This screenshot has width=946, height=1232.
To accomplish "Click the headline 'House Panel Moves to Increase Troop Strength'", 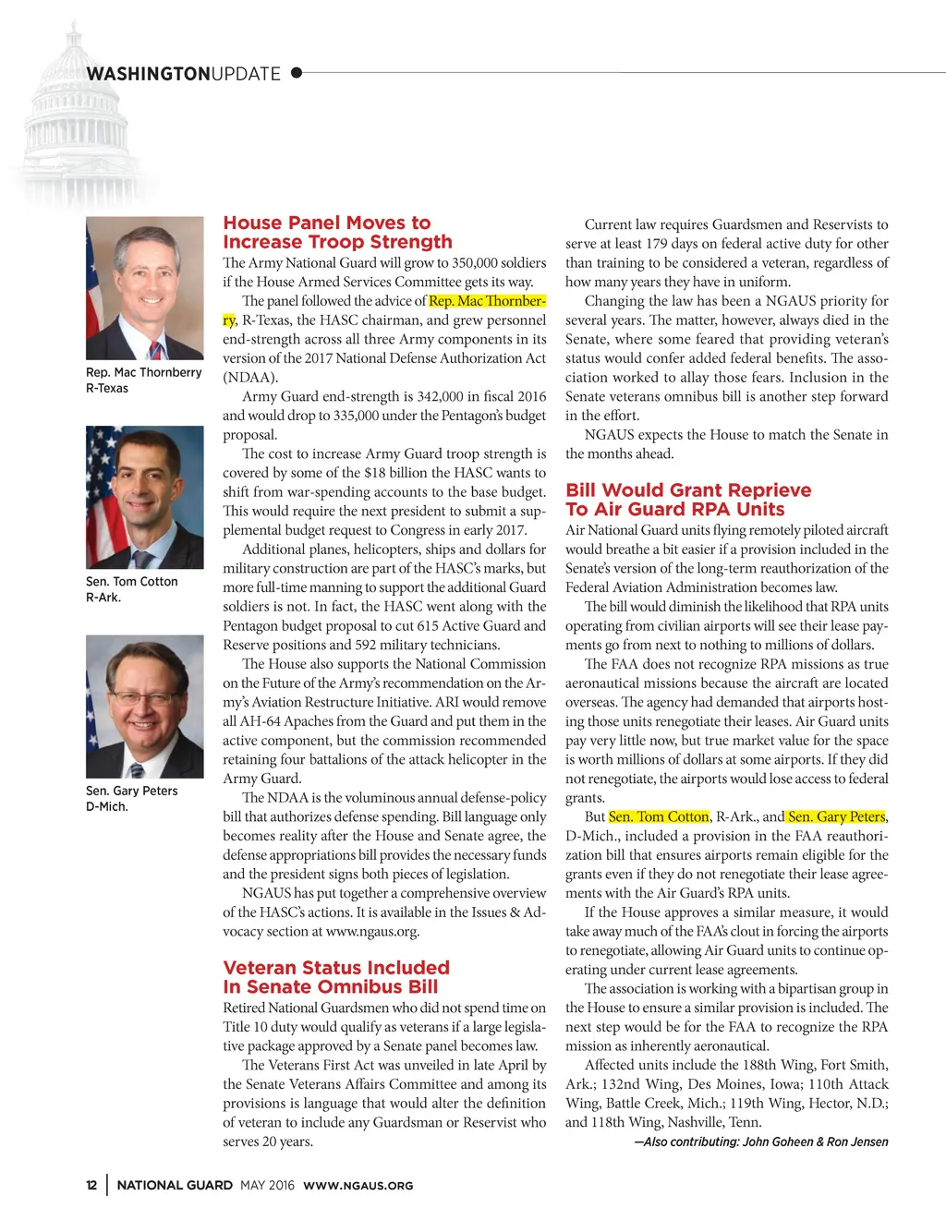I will [337, 233].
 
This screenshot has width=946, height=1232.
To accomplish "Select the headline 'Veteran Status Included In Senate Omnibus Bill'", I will [335, 977].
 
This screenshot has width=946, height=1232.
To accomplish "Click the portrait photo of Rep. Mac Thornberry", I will [144, 288].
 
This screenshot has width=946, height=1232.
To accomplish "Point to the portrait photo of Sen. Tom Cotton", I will [144, 497].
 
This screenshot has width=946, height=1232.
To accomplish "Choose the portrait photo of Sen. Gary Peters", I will [144, 707].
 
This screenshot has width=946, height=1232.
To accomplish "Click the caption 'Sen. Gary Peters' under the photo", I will [131, 791].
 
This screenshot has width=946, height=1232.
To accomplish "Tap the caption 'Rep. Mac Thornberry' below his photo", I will [143, 372].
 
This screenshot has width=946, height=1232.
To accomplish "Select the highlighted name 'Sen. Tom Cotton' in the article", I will [659, 816].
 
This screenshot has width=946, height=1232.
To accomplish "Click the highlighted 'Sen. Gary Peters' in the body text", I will [836, 816].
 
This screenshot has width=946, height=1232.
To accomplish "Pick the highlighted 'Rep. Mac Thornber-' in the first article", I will [487, 301].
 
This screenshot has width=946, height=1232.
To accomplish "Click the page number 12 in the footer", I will [91, 1185].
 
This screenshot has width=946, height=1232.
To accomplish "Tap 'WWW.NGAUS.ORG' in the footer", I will [358, 1186].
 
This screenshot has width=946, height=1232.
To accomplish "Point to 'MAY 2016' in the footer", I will [267, 1185].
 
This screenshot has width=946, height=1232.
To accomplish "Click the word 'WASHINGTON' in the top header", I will [148, 74].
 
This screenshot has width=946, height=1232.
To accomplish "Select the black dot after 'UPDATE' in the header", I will [297, 72].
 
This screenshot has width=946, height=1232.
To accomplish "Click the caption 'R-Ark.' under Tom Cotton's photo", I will [103, 598].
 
